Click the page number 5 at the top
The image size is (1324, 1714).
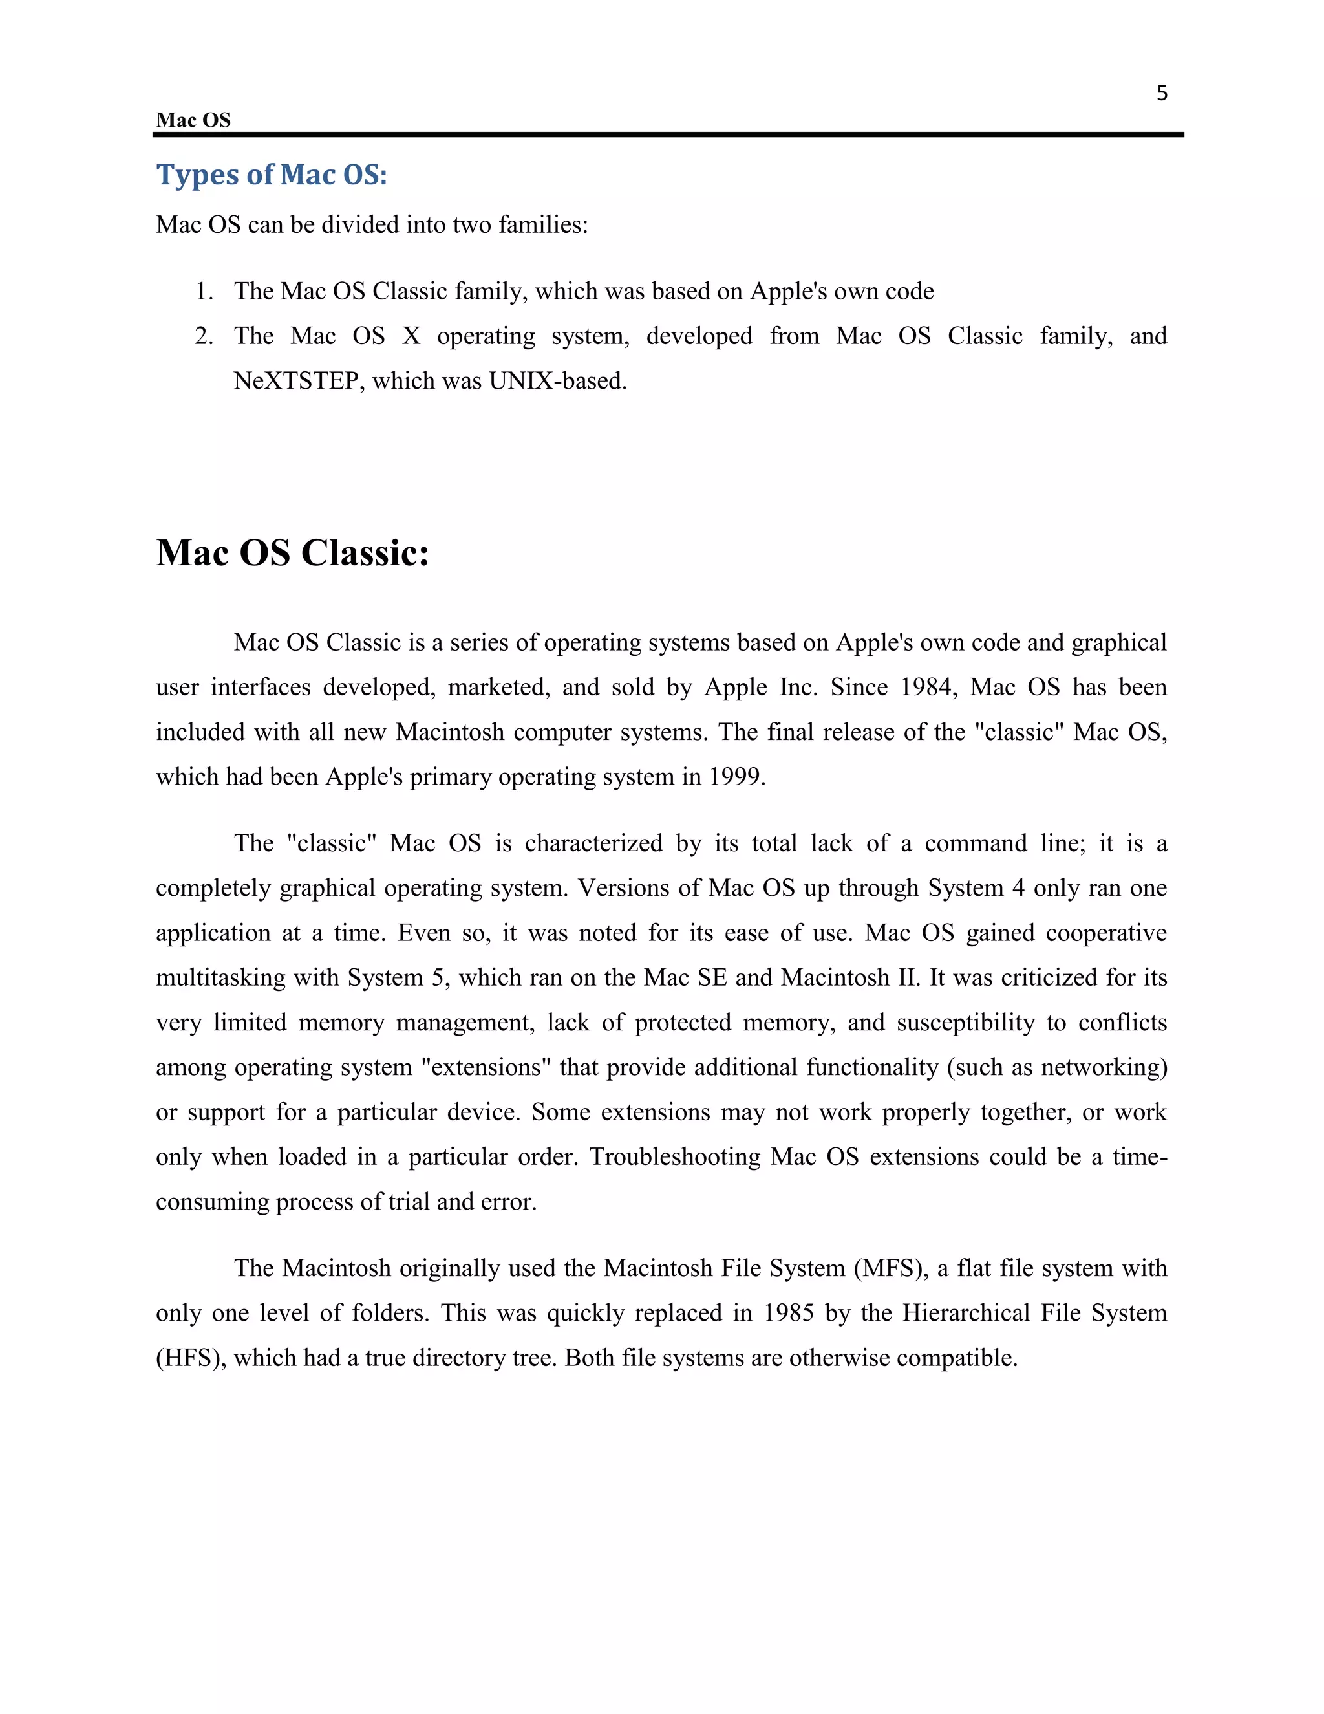pos(1162,93)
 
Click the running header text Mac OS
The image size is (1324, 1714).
pos(193,120)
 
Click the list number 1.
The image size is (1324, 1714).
pos(203,291)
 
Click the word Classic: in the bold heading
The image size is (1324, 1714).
pos(365,553)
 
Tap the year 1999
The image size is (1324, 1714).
pos(736,777)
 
